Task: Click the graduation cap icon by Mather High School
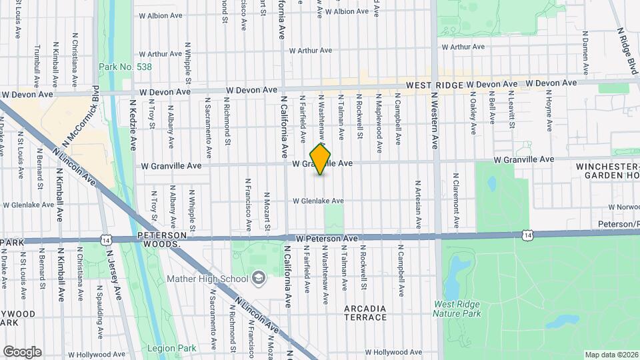258,277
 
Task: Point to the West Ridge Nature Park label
457,309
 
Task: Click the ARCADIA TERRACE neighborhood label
365,313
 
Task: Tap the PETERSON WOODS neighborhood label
159,240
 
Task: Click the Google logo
22,352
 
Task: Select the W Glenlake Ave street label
318,201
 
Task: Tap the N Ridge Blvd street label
627,47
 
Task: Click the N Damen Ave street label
585,50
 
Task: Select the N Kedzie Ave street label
133,125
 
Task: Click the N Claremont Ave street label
457,201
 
